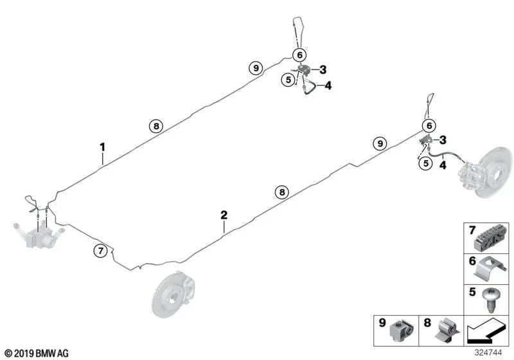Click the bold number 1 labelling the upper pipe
[x=103, y=147]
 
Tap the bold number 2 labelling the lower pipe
[x=224, y=215]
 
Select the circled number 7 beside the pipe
[x=101, y=251]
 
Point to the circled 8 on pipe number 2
[x=282, y=192]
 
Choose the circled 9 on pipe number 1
[x=256, y=68]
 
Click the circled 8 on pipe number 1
[x=156, y=126]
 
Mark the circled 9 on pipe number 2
[x=380, y=143]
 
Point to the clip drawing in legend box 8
[x=447, y=331]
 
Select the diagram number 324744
[x=488, y=352]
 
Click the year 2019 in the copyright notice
[x=24, y=354]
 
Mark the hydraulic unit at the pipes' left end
[x=39, y=236]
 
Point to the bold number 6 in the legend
[x=472, y=261]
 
